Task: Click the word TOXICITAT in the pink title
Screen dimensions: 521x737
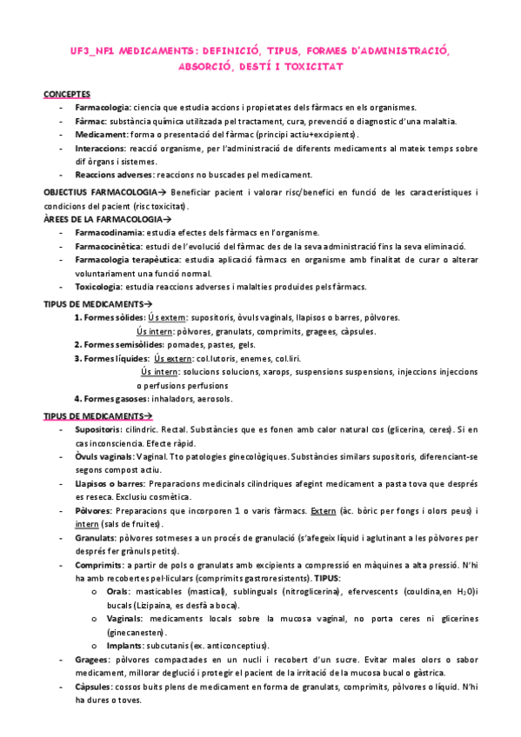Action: click(314, 66)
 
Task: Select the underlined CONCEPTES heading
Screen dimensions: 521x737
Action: click(66, 93)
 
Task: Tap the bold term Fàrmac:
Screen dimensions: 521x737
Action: click(91, 121)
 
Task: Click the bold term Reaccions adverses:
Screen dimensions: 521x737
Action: click(114, 175)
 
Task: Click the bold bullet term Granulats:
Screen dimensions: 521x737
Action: click(97, 537)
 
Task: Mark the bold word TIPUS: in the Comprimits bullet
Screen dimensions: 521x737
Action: click(354, 577)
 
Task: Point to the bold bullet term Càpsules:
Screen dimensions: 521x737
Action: click(96, 687)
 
